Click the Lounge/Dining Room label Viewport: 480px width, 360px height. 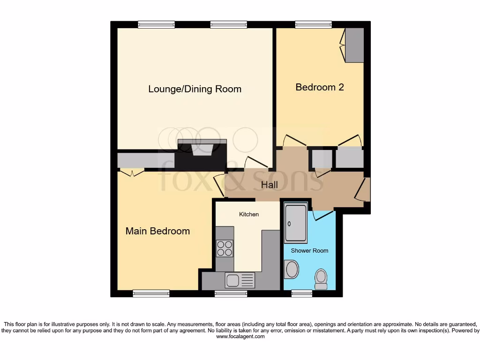tap(195, 89)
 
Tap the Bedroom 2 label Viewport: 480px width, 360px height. tap(319, 87)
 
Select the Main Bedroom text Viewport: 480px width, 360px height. tap(157, 231)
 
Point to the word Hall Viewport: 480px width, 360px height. tap(270, 185)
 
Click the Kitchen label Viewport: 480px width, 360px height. tap(249, 214)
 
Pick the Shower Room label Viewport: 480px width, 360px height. tap(309, 250)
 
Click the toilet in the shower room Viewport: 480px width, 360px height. tap(322, 278)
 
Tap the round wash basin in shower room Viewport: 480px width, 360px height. tap(292, 270)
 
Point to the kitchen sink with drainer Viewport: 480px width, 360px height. tap(240, 280)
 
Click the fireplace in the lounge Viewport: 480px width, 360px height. tap(202, 149)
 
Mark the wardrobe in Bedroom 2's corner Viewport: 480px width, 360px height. tap(354, 45)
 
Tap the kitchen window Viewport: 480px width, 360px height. tap(231, 293)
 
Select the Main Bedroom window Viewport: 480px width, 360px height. tap(151, 293)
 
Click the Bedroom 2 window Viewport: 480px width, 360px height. tap(313, 24)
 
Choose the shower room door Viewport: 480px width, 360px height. tap(324, 215)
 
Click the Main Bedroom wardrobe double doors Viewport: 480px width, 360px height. tap(131, 173)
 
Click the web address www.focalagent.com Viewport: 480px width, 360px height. tap(240, 337)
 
